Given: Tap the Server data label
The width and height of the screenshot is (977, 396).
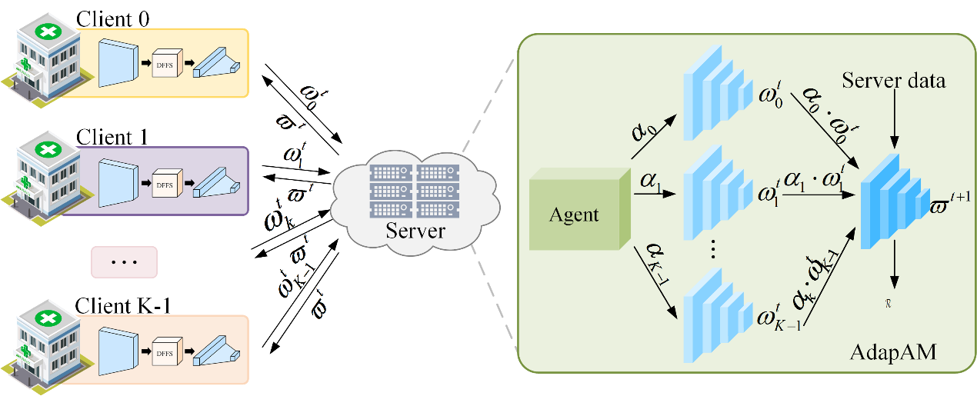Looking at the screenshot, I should point(893,80).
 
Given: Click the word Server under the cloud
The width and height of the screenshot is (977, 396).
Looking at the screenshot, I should point(416,230).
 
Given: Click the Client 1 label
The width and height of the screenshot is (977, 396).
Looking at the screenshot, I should point(113,138).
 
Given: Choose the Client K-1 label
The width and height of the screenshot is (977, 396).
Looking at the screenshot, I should point(122,306).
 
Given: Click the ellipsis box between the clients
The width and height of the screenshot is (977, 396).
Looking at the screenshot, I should point(124,261).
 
